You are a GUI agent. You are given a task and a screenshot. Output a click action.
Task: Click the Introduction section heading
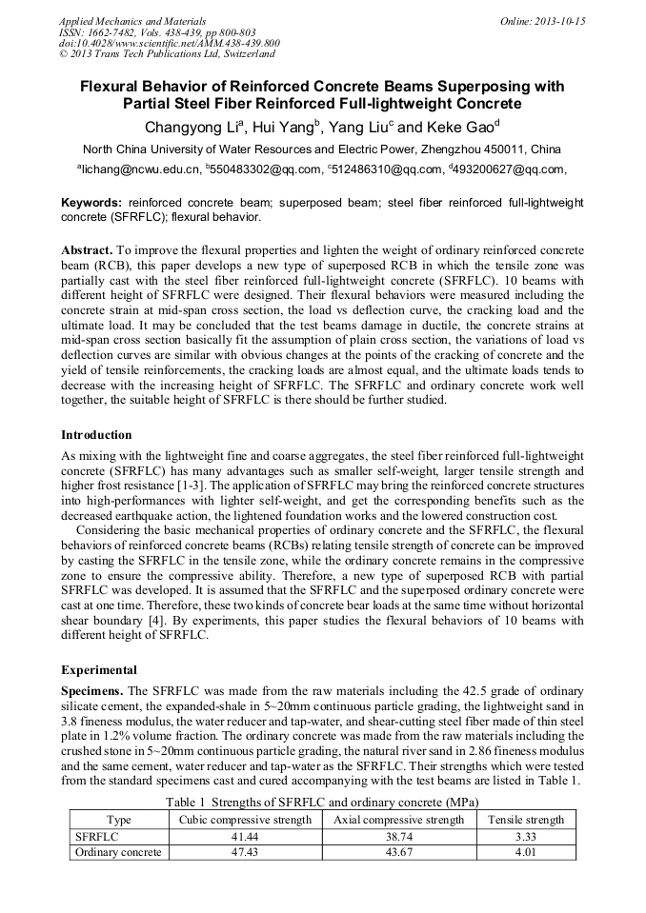pos(96,435)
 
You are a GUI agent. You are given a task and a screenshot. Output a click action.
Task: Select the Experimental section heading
pos(99,669)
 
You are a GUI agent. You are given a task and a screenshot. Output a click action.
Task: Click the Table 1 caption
pos(322,802)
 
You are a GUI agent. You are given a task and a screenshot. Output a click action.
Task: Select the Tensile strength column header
pos(526,819)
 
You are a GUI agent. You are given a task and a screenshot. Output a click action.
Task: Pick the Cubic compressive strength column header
pos(245,819)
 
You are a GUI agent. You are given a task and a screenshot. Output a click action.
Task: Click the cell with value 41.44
pos(245,836)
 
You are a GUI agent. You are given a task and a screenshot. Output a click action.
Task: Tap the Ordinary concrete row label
pos(118,852)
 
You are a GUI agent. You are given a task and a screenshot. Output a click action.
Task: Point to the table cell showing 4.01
pos(526,852)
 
